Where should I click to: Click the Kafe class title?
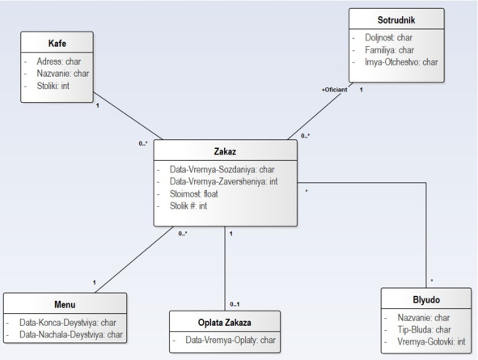pyautogui.click(x=57, y=44)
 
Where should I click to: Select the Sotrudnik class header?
pyautogui.click(x=396, y=20)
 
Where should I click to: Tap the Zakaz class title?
pyautogui.click(x=225, y=151)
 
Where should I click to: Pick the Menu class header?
pyautogui.click(x=65, y=304)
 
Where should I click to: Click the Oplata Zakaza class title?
pyautogui.click(x=225, y=322)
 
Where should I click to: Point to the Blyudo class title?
pyautogui.click(x=426, y=299)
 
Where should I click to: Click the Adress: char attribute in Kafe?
pyautogui.click(x=59, y=61)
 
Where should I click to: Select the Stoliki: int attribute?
pyautogui.click(x=53, y=86)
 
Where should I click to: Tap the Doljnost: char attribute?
pyautogui.click(x=389, y=37)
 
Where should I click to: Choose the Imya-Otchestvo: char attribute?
pyautogui.click(x=401, y=62)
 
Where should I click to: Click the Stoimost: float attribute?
pyautogui.click(x=194, y=194)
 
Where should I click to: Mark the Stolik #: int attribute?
pyautogui.click(x=188, y=206)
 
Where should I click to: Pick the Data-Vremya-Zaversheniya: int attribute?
pyautogui.click(x=224, y=182)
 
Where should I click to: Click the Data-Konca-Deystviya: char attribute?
pyautogui.click(x=68, y=323)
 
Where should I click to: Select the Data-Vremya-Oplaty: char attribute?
pyautogui.click(x=231, y=340)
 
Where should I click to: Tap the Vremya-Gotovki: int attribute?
pyautogui.click(x=431, y=341)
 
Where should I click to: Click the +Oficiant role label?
pyautogui.click(x=334, y=90)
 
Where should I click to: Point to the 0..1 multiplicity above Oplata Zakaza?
pyautogui.click(x=235, y=304)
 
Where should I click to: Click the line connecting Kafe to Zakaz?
pyautogui.click(x=128, y=116)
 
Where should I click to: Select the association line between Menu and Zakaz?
pyautogui.click(x=134, y=260)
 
